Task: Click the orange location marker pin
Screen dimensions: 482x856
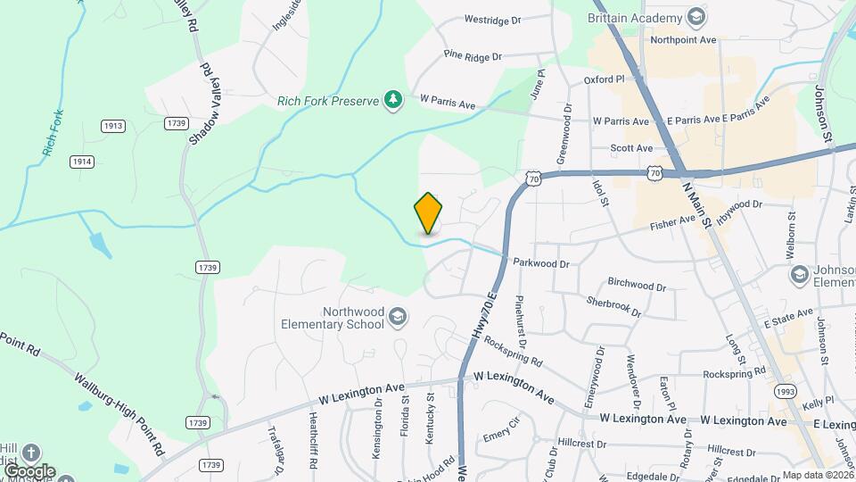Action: click(429, 213)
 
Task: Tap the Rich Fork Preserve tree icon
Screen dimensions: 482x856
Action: click(391, 99)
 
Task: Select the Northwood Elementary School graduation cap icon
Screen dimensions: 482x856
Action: click(399, 317)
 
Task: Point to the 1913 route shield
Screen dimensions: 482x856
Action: click(112, 127)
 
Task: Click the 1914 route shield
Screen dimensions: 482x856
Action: click(82, 161)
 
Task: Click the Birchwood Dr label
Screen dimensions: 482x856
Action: click(637, 286)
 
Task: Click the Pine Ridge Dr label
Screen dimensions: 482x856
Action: click(473, 57)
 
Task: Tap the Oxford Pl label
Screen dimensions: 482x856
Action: click(605, 79)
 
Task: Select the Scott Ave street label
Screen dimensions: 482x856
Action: click(632, 148)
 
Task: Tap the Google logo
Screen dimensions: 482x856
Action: click(29, 471)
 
